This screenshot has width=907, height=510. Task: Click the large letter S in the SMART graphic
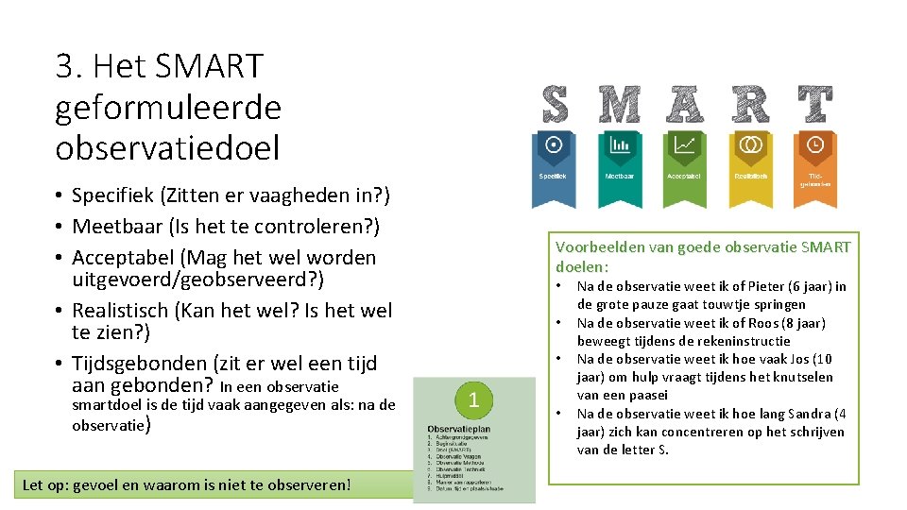(555, 104)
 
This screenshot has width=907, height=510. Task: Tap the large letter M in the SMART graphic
(620, 104)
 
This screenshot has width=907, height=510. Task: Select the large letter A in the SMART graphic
(684, 104)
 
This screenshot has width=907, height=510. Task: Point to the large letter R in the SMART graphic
(750, 104)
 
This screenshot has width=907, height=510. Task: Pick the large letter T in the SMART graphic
(814, 104)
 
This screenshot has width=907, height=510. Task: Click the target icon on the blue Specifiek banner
(555, 144)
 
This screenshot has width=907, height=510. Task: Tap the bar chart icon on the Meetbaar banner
(620, 144)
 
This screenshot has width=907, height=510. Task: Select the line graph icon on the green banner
(684, 144)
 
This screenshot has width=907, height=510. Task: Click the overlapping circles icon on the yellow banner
(750, 144)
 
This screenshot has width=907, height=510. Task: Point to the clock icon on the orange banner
(814, 144)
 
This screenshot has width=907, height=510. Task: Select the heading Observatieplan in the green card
(458, 429)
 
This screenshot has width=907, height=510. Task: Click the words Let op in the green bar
(43, 485)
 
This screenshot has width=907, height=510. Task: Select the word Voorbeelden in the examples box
(596, 247)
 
